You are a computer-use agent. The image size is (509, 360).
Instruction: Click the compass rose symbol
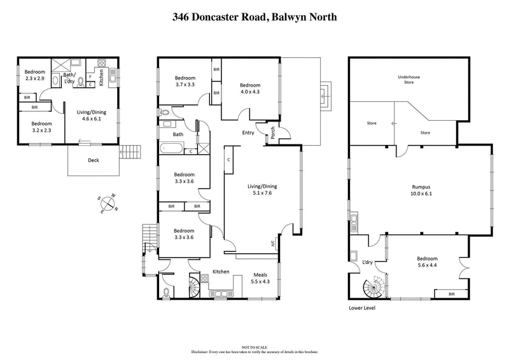[109, 203]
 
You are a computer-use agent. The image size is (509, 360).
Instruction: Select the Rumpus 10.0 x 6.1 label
[422, 190]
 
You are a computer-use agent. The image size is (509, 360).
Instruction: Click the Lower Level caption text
[363, 308]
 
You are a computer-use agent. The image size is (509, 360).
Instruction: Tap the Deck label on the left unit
[94, 160]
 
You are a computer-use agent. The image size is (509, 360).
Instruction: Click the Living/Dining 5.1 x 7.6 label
[262, 190]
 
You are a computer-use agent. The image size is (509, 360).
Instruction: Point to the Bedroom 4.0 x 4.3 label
[250, 88]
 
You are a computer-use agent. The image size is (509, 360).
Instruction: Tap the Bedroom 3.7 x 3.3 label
[185, 81]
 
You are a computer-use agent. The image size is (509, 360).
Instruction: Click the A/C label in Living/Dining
[272, 243]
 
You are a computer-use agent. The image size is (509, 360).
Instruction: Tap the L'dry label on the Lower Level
[367, 263]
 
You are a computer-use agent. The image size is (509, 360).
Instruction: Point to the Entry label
[248, 133]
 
